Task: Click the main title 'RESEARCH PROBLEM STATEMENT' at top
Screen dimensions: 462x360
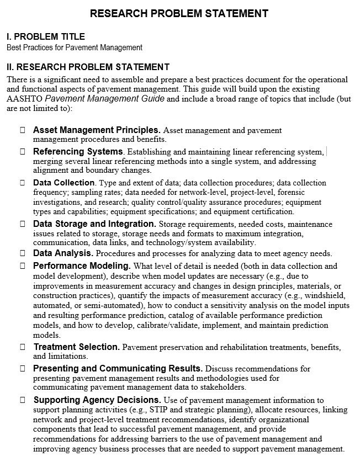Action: (x=179, y=13)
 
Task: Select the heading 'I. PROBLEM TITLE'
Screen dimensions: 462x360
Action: (x=46, y=36)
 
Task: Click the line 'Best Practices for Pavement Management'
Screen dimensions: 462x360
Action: (x=75, y=47)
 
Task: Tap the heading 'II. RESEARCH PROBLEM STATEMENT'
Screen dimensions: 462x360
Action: (x=88, y=67)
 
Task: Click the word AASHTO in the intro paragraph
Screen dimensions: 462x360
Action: (x=24, y=99)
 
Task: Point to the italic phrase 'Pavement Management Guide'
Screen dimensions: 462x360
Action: (x=104, y=99)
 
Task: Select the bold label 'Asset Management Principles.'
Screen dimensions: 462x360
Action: (x=97, y=130)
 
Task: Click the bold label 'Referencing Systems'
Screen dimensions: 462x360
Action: (x=78, y=151)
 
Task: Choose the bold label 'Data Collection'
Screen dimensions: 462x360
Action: (x=64, y=182)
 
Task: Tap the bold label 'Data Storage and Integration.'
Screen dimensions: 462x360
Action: (x=94, y=224)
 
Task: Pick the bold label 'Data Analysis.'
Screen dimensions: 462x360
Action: (x=63, y=253)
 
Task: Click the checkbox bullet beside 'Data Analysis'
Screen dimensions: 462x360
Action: (x=23, y=253)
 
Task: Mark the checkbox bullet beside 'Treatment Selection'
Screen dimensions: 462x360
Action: (x=23, y=347)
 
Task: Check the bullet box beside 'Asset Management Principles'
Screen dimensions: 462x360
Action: (x=23, y=130)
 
